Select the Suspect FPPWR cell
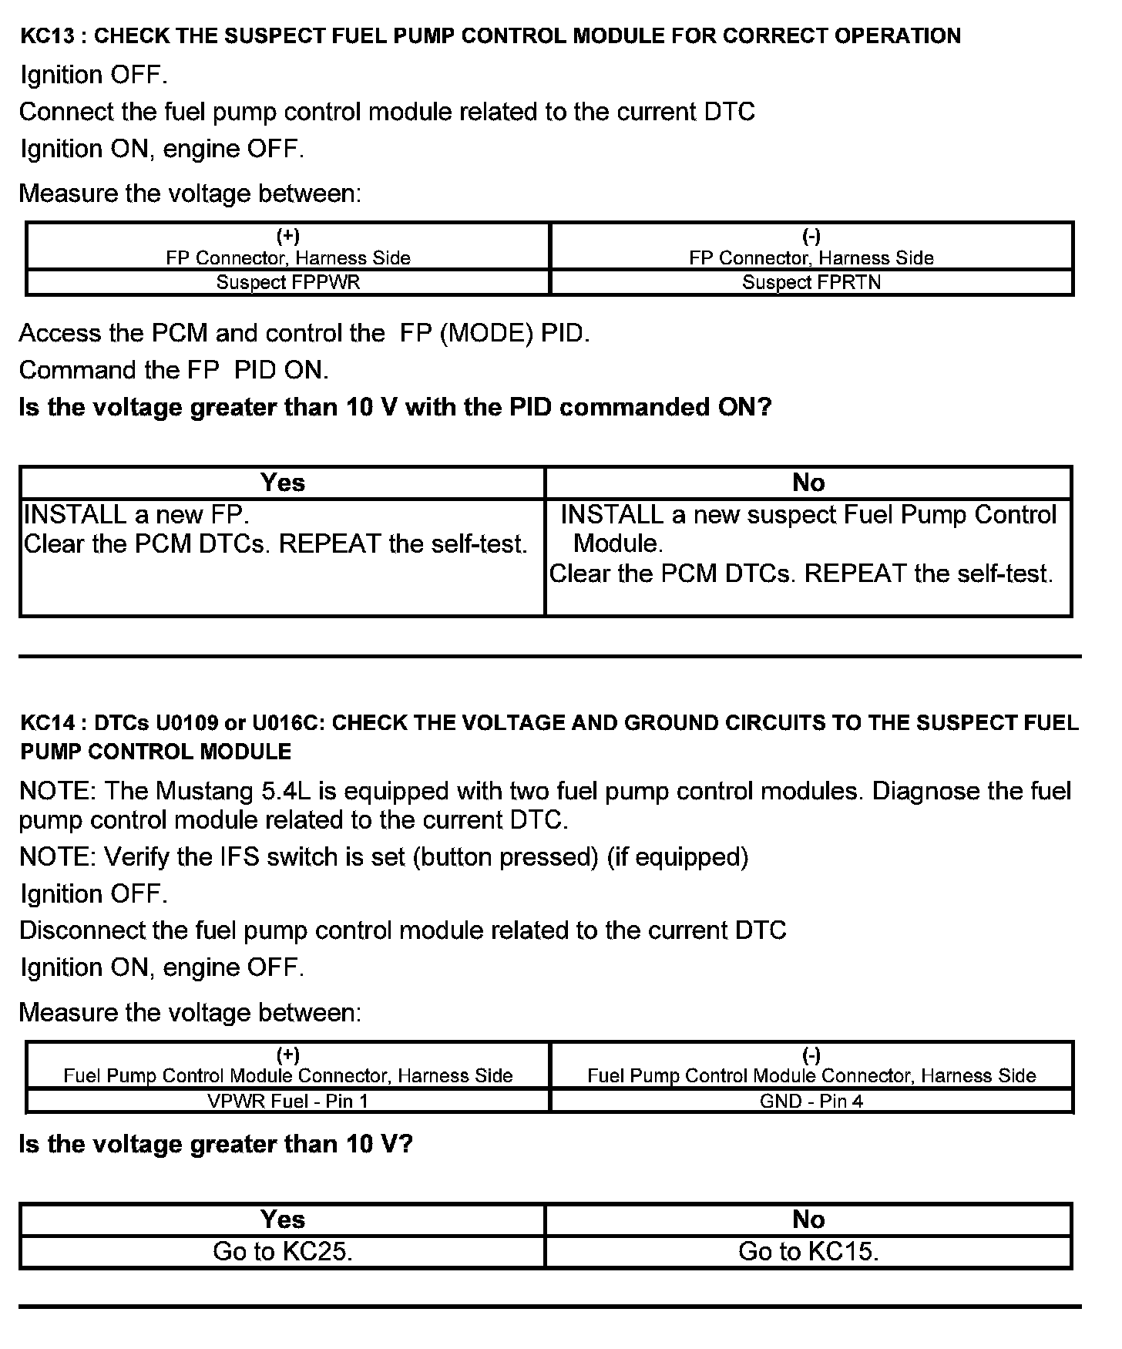287,282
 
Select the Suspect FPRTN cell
811,282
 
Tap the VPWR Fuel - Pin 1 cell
287,1101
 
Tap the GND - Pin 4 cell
811,1101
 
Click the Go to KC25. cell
283,1251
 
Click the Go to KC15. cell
808,1251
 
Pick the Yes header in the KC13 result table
283,483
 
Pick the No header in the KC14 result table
808,1219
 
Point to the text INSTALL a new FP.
136,514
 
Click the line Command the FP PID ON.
174,371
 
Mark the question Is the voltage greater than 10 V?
216,1144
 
